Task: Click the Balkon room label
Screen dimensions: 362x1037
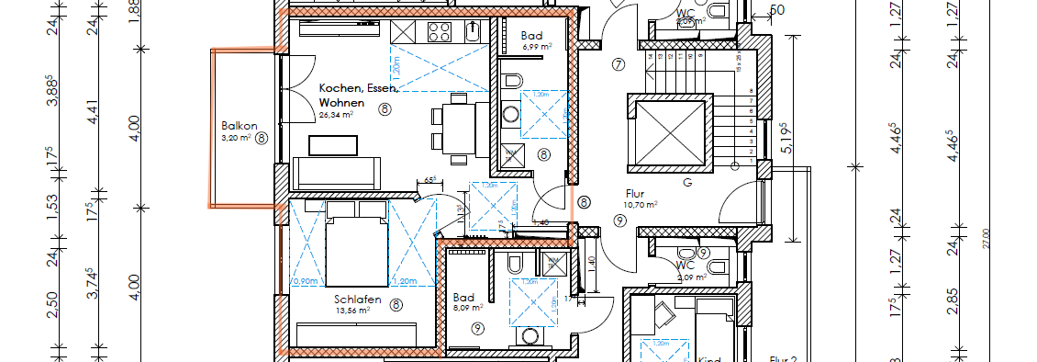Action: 238,126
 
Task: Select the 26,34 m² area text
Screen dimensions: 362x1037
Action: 337,117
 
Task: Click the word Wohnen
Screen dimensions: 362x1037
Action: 341,104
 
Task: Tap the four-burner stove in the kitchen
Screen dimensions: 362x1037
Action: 440,32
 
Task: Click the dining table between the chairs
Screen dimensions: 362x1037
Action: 458,128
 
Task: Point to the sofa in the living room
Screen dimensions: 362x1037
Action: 337,172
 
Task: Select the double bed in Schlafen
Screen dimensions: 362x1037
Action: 357,245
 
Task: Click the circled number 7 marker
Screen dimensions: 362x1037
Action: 619,64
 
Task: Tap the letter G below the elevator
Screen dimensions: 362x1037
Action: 686,183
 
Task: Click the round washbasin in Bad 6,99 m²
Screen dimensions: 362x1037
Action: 510,114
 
